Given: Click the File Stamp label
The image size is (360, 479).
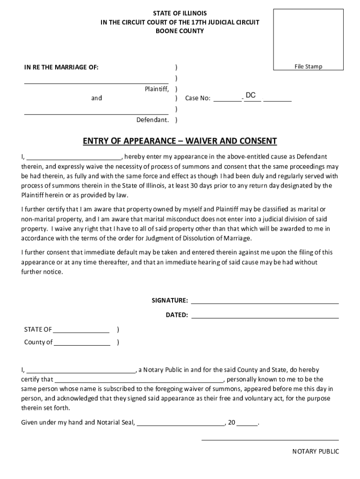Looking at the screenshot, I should coord(308,66).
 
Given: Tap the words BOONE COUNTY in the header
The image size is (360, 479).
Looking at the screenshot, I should coord(180,31).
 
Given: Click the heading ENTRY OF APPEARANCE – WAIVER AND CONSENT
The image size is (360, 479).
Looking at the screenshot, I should coord(180,141).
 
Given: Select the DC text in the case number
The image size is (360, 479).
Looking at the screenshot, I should coord(251,95).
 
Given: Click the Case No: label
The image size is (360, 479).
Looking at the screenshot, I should coord(198,98).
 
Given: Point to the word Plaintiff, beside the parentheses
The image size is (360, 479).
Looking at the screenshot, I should coord(157,88).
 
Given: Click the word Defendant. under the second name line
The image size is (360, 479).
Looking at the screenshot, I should coord(152,120).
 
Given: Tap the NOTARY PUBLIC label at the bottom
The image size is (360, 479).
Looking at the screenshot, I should coord(316,451).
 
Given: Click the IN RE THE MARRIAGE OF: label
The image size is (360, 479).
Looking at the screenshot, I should coord(61,67).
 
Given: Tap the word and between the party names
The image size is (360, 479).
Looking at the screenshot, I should coord(96,98).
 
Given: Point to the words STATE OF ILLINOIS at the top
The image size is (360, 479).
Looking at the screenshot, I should coord(180,13).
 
